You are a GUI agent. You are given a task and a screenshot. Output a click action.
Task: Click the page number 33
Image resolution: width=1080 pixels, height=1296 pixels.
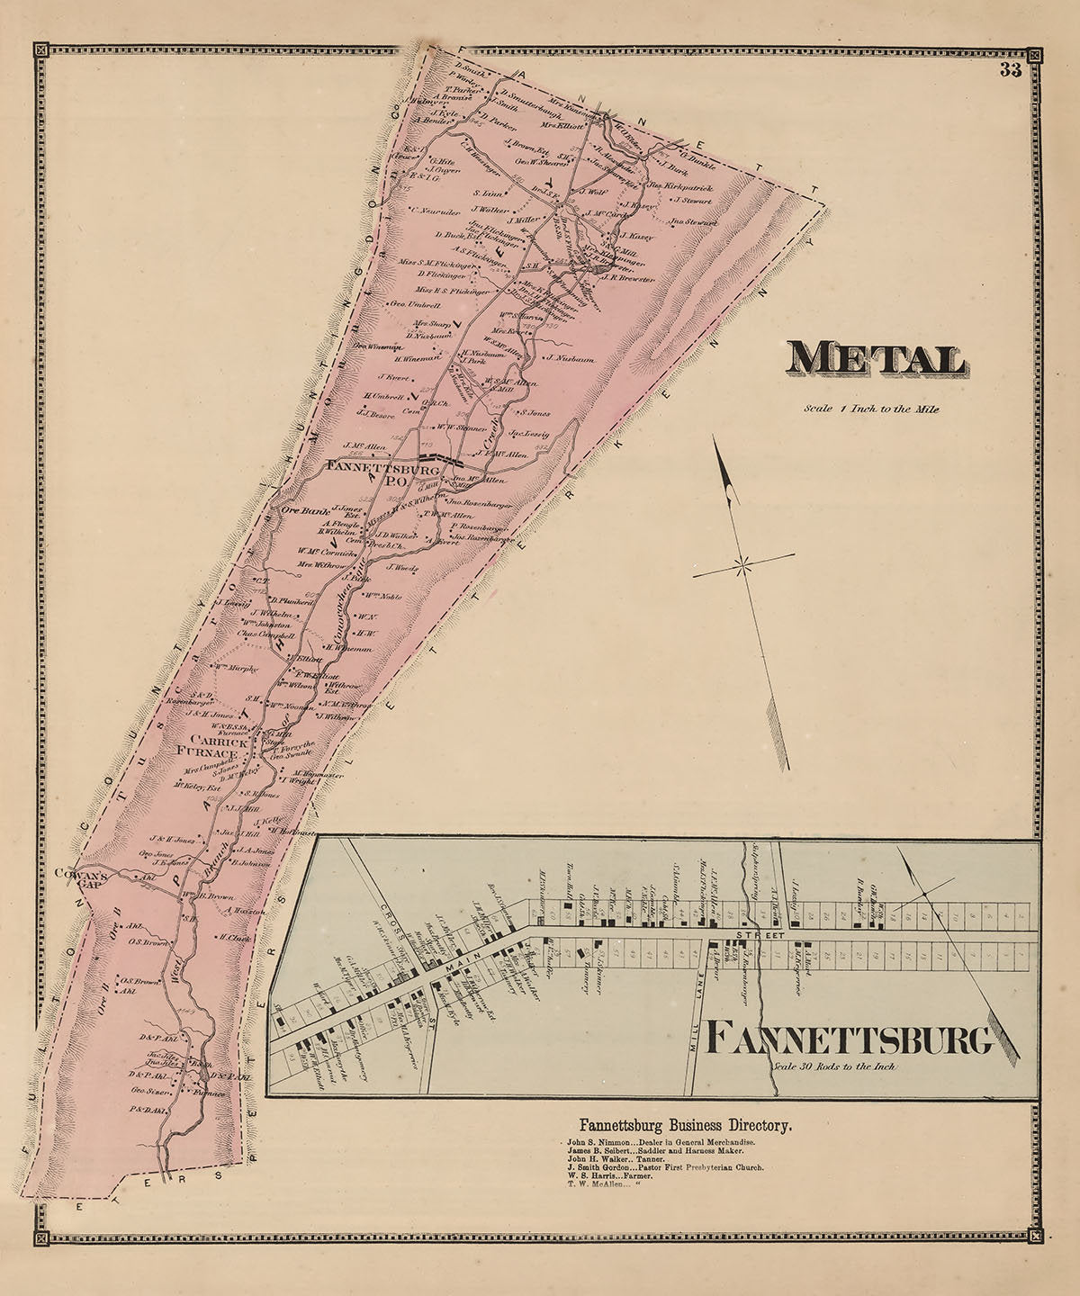click(x=1009, y=73)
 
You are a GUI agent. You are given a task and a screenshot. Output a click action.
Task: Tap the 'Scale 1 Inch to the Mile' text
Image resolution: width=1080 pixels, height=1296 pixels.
click(x=872, y=409)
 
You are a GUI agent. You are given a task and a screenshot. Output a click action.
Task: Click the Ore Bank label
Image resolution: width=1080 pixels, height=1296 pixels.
click(x=301, y=510)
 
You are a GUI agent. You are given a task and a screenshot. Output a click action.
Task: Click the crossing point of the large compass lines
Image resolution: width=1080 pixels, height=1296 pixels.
click(x=742, y=566)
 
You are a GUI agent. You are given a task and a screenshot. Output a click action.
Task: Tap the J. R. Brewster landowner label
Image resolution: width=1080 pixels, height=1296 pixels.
click(x=628, y=279)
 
